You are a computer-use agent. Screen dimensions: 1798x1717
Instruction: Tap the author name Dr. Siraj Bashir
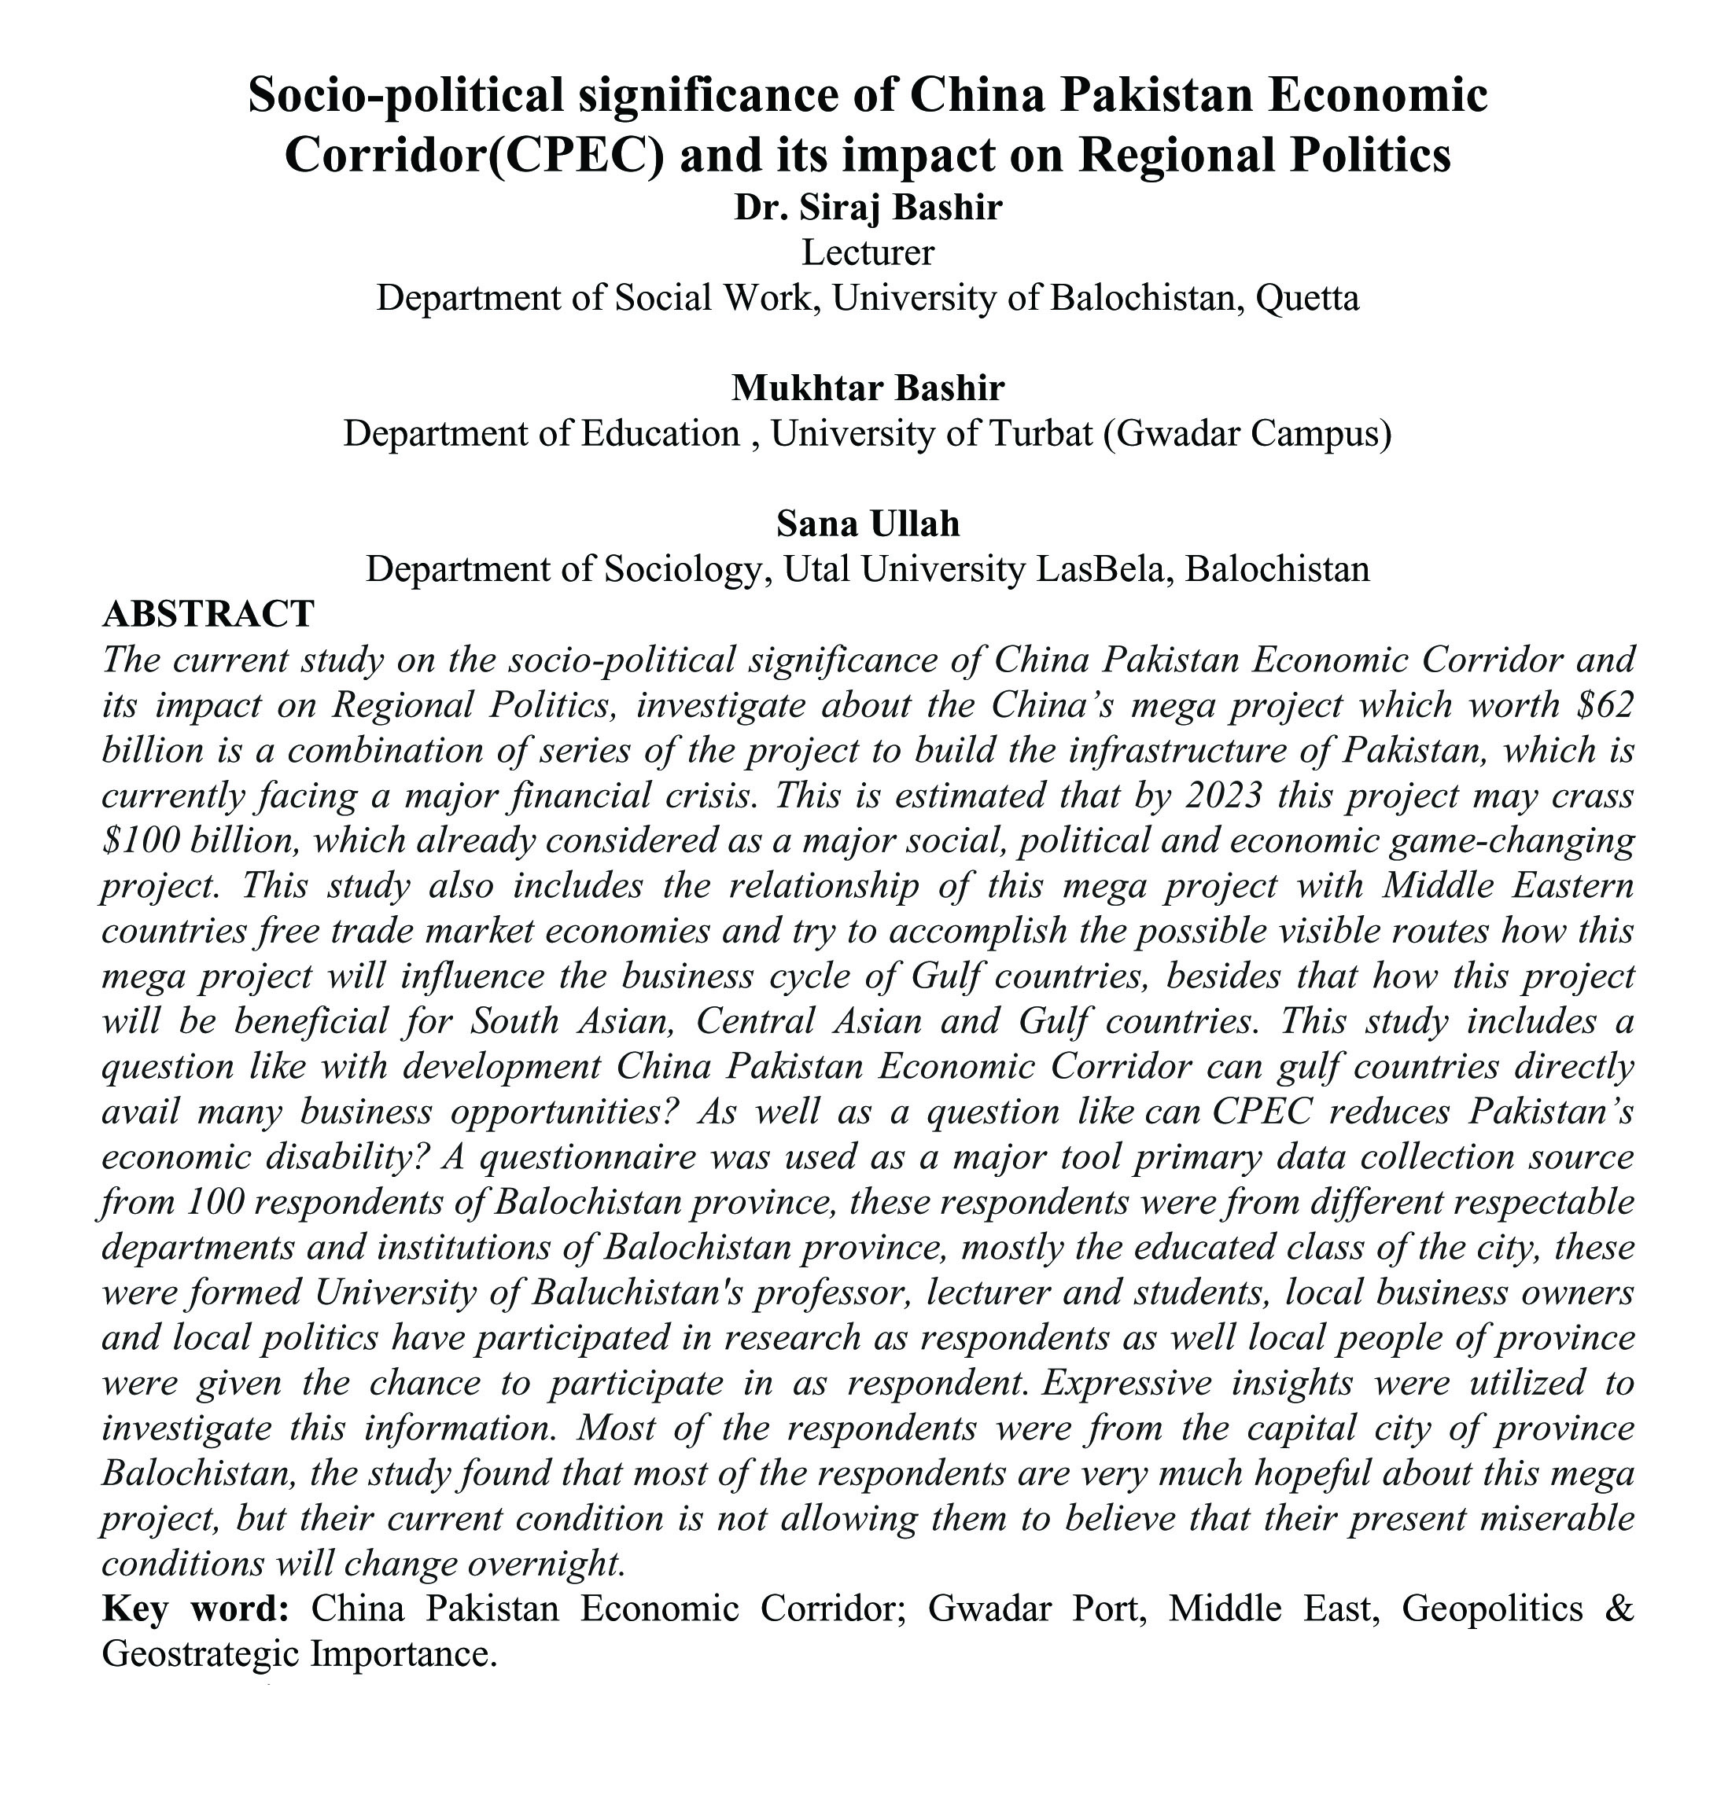868,208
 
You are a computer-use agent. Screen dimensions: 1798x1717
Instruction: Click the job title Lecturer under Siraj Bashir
868,252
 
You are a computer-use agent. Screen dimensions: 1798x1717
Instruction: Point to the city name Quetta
1308,298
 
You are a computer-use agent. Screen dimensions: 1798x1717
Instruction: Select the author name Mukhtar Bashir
868,388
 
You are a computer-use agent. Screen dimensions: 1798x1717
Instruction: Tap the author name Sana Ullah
868,524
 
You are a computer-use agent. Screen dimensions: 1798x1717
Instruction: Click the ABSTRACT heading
208,614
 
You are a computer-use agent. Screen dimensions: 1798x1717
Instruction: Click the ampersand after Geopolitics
1619,1609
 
